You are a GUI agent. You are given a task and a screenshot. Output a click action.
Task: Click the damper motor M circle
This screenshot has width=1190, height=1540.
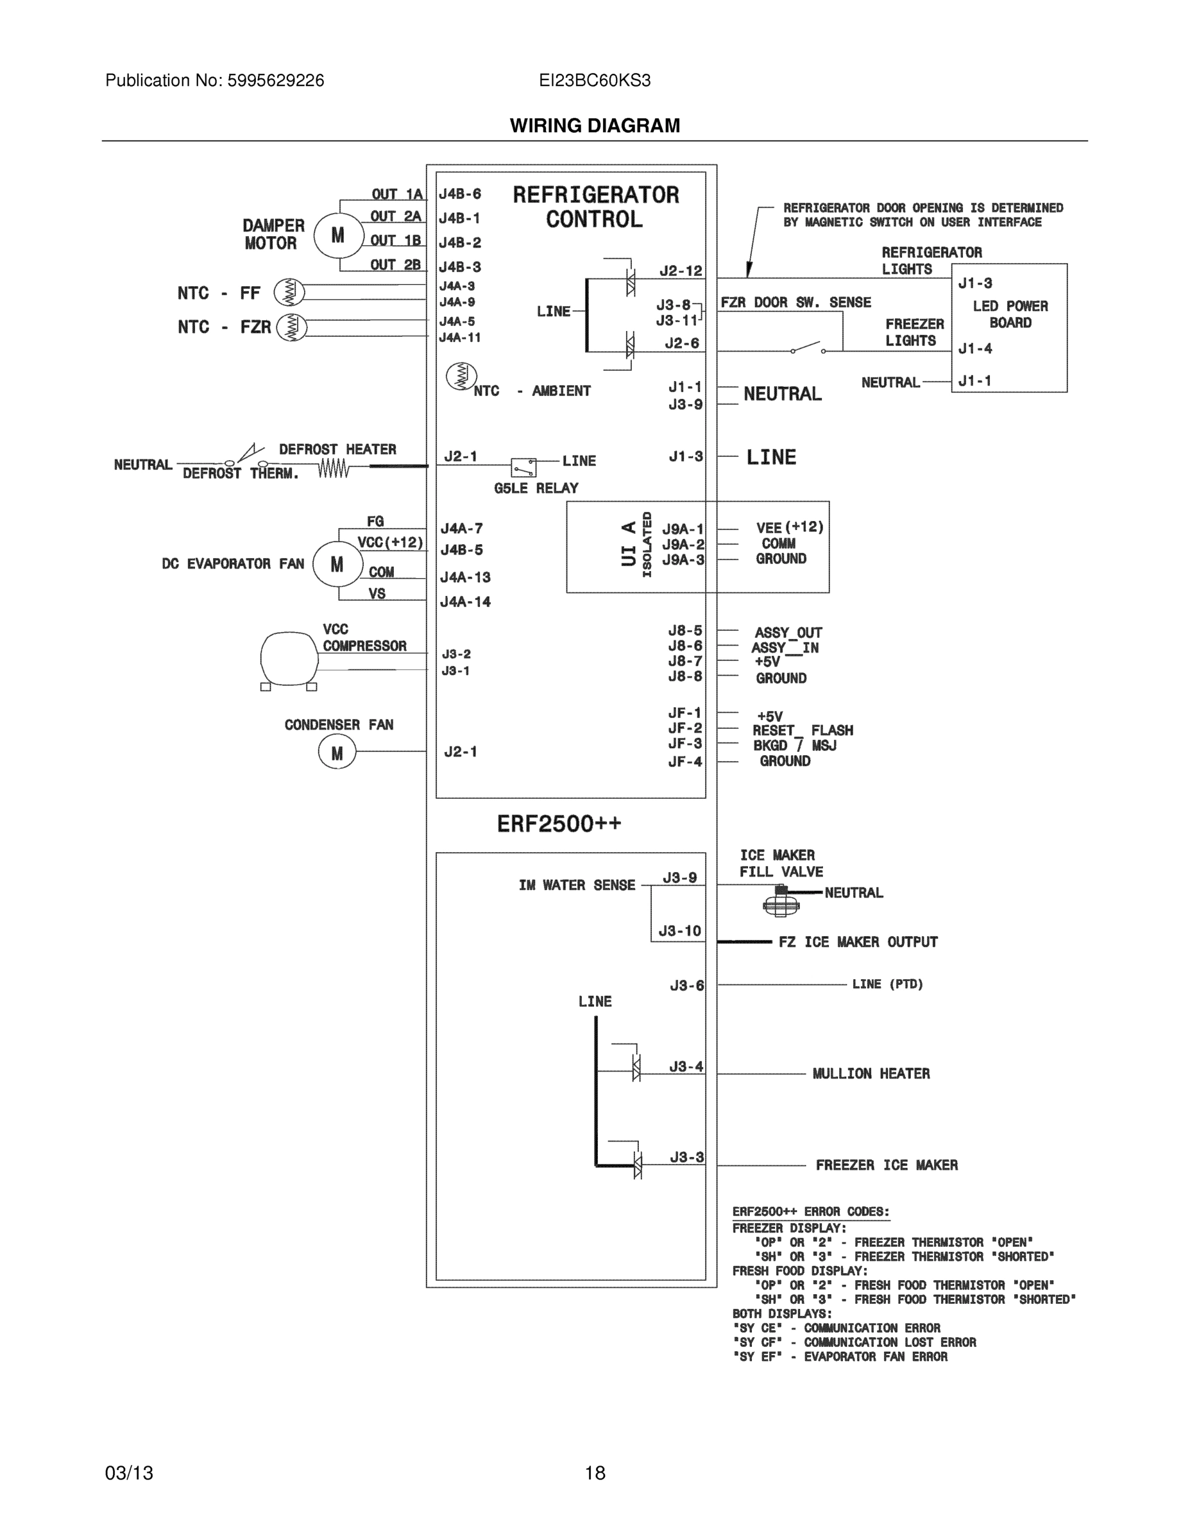tap(338, 235)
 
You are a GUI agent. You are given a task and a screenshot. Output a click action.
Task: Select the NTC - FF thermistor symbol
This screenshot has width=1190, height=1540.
tap(289, 292)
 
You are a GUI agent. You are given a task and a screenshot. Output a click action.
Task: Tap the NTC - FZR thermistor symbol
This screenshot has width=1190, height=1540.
tap(291, 327)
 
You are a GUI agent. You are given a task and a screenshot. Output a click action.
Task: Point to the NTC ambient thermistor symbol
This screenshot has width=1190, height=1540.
tap(461, 376)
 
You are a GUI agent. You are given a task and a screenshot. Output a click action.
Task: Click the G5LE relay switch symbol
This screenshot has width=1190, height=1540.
tap(523, 466)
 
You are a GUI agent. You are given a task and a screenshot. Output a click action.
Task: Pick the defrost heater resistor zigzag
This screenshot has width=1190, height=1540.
tap(333, 468)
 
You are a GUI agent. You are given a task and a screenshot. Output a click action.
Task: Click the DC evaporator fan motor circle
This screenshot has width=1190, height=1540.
tap(337, 564)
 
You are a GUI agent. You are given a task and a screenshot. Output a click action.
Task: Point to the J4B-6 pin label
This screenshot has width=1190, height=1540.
tap(460, 194)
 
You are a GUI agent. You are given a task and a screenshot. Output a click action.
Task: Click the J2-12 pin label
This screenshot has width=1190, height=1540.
tap(680, 271)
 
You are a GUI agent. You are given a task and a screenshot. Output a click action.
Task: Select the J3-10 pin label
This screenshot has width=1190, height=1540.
tap(679, 931)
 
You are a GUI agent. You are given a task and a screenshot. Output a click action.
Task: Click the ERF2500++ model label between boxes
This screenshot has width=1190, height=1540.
tap(559, 824)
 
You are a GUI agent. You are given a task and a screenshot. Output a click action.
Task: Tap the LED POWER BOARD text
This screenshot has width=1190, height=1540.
tap(1010, 314)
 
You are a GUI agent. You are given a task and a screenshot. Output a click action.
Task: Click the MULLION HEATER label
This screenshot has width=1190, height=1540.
tap(871, 1074)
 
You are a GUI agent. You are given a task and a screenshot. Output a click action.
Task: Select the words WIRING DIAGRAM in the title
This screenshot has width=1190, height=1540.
tap(594, 126)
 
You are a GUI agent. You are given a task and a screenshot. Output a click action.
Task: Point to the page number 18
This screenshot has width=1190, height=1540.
tap(594, 1473)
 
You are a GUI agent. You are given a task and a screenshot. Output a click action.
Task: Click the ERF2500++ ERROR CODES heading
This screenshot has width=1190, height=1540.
tap(811, 1211)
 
